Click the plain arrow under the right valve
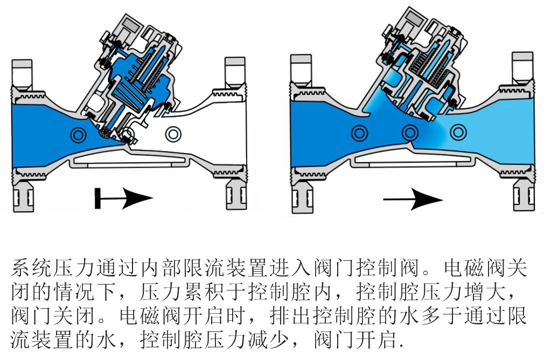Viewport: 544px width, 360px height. coord(413,200)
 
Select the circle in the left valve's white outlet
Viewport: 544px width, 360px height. coord(173,133)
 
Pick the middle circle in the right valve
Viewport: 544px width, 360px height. coord(410,131)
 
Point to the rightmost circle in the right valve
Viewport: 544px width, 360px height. coord(458,131)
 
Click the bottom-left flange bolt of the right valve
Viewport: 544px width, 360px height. coord(302,196)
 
